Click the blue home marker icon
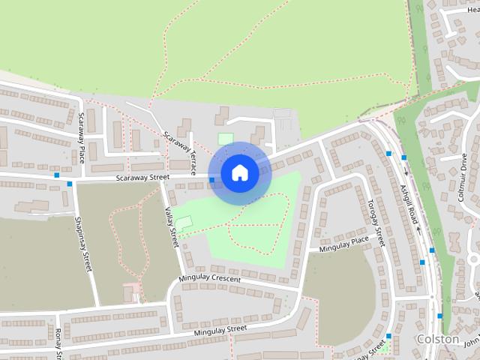[x=239, y=172]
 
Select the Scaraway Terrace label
[x=180, y=149]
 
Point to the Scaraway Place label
[x=82, y=138]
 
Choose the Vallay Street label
[x=172, y=228]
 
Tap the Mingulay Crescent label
[x=210, y=279]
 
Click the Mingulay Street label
[x=220, y=329]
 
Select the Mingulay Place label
[x=344, y=241]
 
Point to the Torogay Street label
[x=376, y=223]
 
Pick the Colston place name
[x=437, y=339]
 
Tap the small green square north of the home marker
[x=225, y=139]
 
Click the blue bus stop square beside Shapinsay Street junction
[x=69, y=184]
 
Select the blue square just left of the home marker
[x=212, y=180]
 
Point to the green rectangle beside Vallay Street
[x=183, y=223]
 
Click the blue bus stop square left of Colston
[x=388, y=336]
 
